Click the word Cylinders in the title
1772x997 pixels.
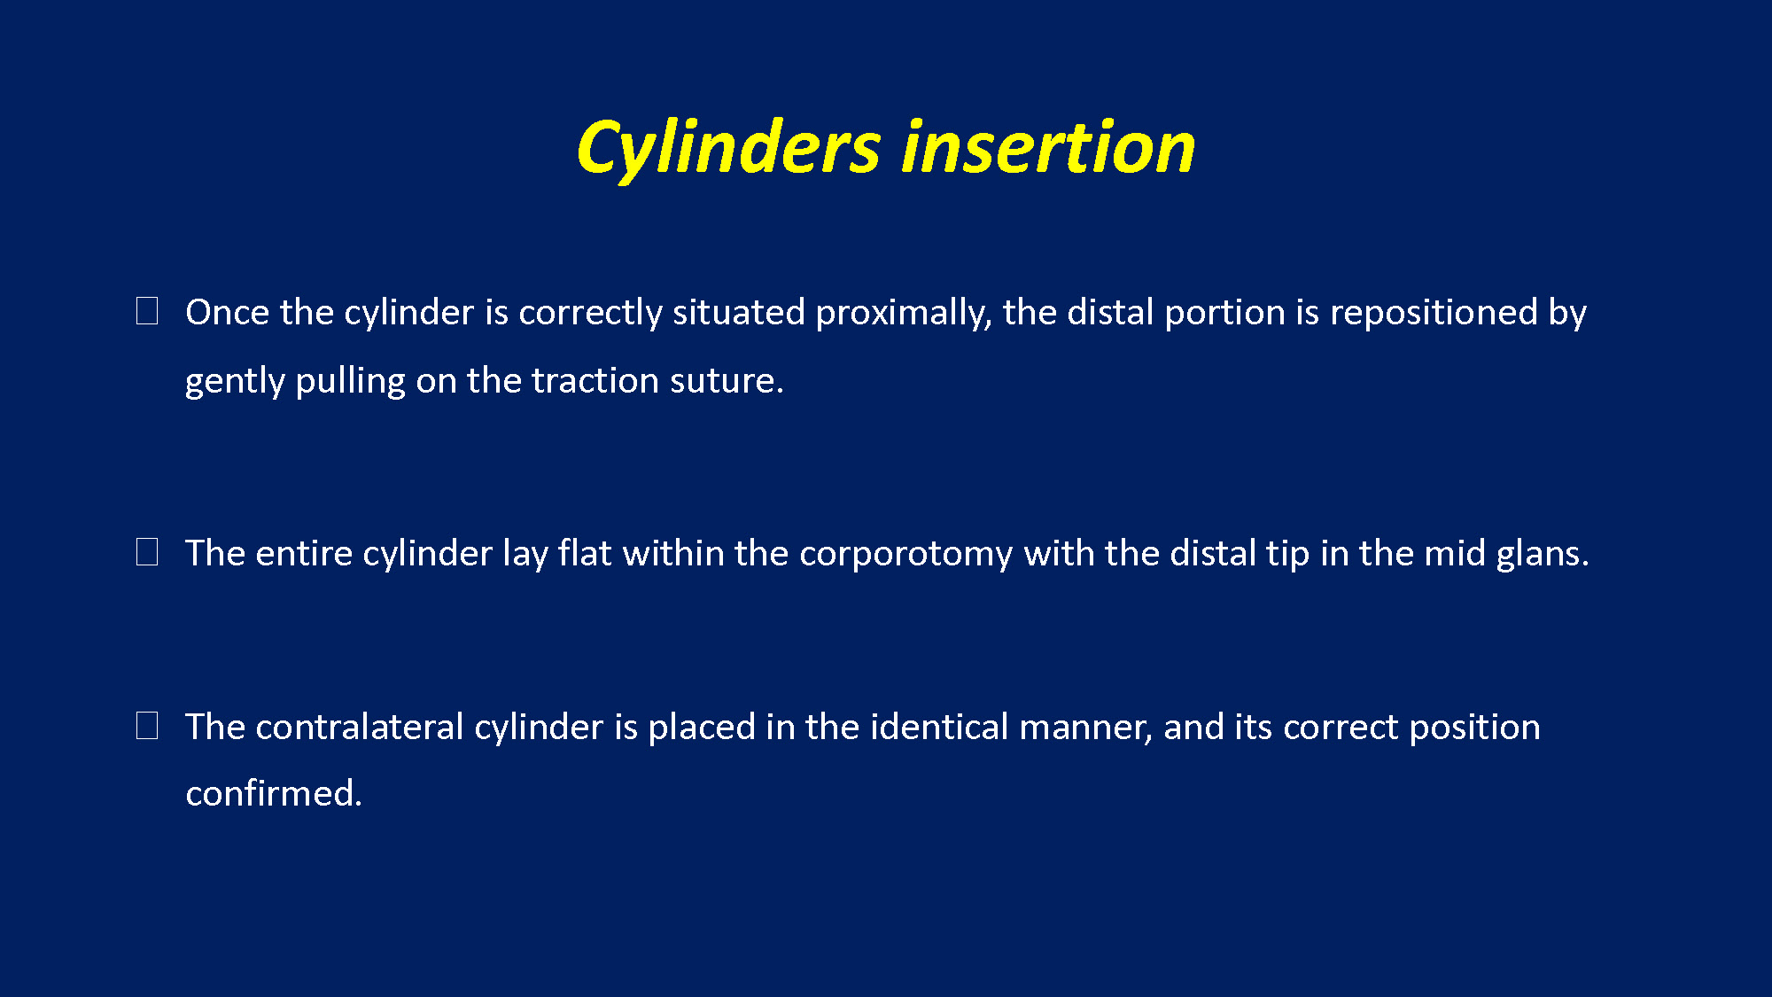[728, 148]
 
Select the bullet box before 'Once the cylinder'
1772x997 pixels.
[147, 311]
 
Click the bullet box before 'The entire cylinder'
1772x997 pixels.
[147, 552]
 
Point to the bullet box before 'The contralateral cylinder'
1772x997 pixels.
[147, 726]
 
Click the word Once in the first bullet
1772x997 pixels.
[227, 312]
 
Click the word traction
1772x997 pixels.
[595, 381]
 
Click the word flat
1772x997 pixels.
[585, 552]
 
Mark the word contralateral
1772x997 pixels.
[360, 727]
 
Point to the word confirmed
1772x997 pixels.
[274, 793]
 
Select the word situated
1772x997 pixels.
[739, 312]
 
